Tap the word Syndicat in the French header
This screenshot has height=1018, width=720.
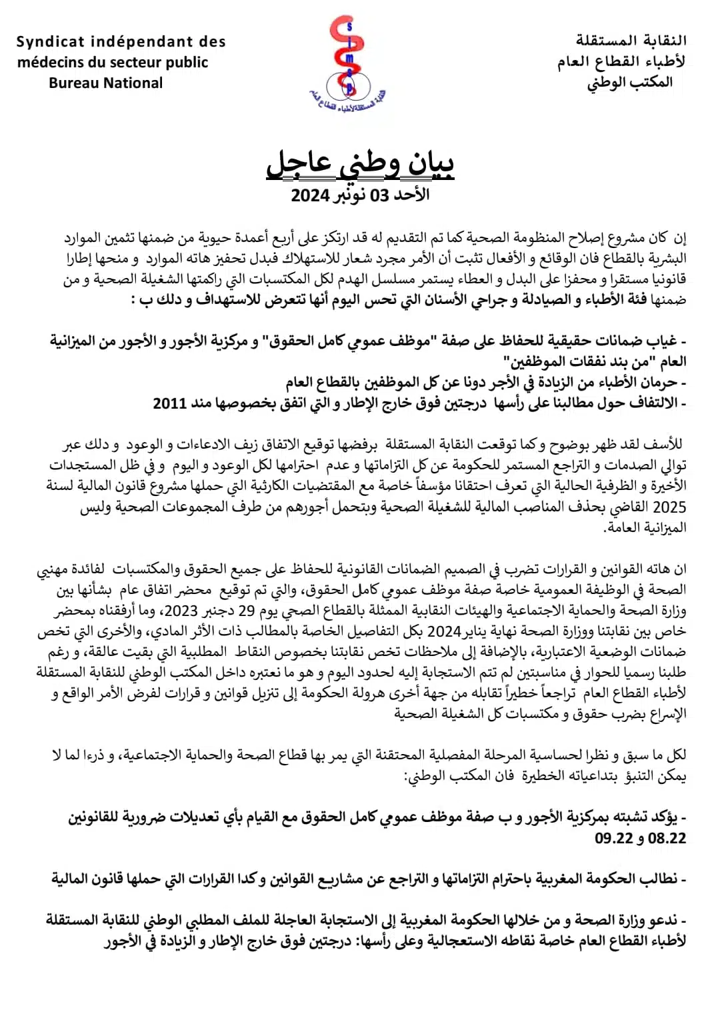point(51,42)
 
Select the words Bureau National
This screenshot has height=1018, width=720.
point(105,83)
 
